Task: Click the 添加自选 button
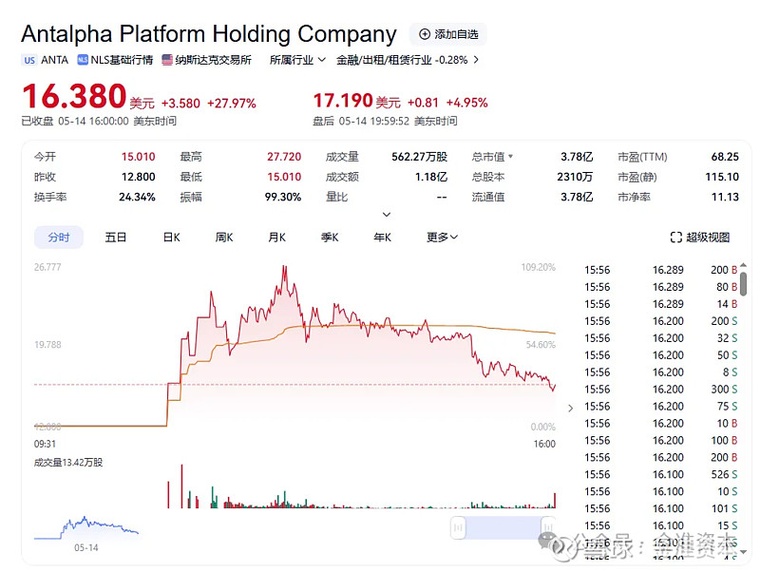click(x=448, y=34)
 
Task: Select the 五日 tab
click(x=116, y=237)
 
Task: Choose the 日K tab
click(x=171, y=237)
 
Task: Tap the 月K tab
click(x=277, y=237)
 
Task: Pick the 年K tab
click(x=383, y=237)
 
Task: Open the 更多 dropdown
click(x=442, y=237)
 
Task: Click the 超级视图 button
click(x=700, y=237)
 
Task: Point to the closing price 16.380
click(x=74, y=97)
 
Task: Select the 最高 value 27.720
click(x=284, y=157)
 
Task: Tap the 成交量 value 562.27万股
click(x=419, y=157)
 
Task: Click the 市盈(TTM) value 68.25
click(x=724, y=157)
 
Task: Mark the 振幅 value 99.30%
click(x=283, y=197)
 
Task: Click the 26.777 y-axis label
click(x=47, y=267)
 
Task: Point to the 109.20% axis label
click(x=538, y=267)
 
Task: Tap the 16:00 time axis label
click(x=544, y=444)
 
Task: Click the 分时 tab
click(x=59, y=237)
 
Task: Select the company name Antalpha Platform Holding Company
click(x=209, y=34)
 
